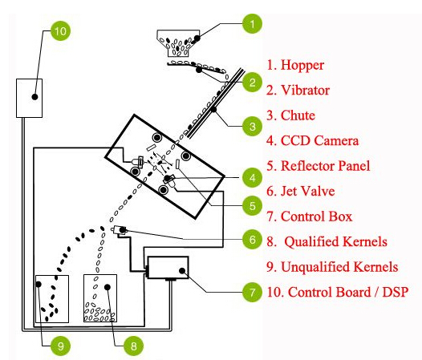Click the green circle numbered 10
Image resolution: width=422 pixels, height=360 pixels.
(x=60, y=31)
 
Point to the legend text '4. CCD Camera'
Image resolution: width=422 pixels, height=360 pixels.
(x=312, y=141)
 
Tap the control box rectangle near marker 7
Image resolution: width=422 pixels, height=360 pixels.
(x=166, y=268)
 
